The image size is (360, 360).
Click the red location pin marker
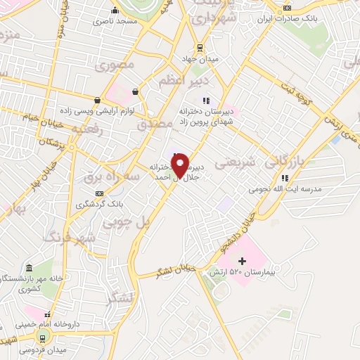click(180, 165)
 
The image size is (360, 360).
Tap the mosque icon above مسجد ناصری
click(115, 11)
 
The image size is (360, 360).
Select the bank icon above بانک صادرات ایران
click(286, 8)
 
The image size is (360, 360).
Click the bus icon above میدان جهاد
click(200, 48)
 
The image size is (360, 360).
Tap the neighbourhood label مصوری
click(115, 67)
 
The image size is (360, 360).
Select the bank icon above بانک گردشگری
click(100, 193)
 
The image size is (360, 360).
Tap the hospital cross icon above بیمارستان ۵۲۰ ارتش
click(243, 261)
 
